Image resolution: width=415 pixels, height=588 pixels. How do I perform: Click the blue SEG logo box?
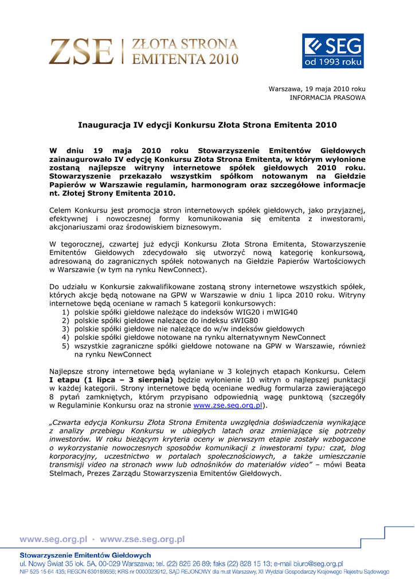point(332,51)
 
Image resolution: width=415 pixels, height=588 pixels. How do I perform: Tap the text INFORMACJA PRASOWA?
point(327,98)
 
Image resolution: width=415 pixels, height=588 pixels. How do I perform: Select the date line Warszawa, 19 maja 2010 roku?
point(317,89)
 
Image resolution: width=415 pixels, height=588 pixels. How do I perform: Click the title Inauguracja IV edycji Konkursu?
point(207,125)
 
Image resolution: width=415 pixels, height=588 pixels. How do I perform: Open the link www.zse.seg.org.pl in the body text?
point(228,405)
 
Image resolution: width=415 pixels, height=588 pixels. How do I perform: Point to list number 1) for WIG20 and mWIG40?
point(66,312)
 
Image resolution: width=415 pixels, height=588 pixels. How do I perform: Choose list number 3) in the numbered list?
point(66,329)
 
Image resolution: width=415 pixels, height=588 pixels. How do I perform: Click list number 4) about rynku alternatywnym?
point(66,338)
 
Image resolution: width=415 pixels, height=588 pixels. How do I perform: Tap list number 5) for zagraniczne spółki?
point(66,346)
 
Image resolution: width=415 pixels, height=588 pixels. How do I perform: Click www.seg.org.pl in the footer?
point(53,540)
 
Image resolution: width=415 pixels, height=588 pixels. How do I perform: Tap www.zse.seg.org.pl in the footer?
point(142,540)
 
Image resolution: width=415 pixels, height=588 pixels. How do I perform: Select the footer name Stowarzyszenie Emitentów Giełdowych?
point(85,555)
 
